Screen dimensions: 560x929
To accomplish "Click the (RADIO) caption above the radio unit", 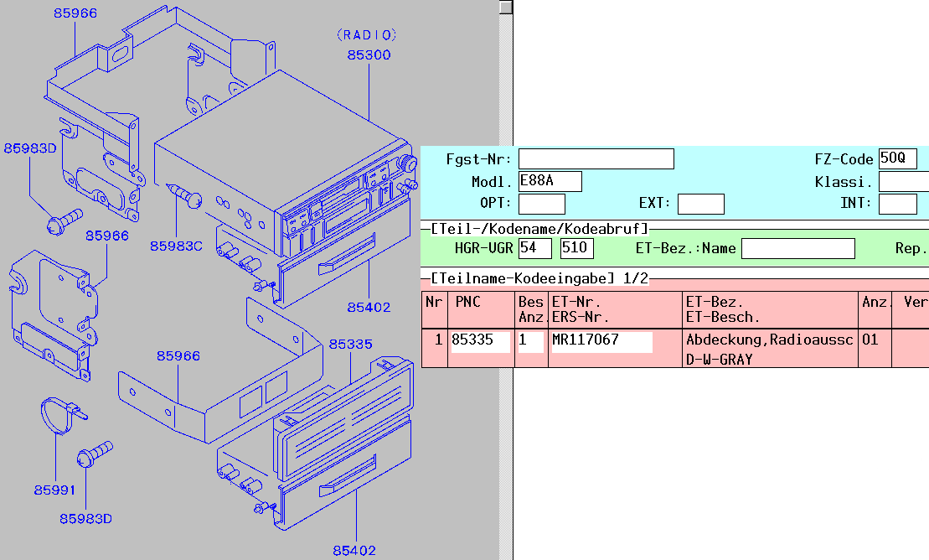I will pos(366,35).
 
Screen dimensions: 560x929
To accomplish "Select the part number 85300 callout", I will pos(369,55).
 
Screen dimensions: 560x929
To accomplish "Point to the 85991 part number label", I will pos(54,490).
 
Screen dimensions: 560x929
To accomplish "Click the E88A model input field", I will pos(550,182).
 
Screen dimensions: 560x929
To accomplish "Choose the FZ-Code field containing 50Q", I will pos(897,159).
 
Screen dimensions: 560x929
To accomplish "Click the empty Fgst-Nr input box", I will pos(596,159).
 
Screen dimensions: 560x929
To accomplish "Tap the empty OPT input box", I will pos(541,204).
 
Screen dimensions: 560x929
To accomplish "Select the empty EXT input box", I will pos(700,204).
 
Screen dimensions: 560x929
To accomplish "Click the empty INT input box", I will pos(897,204).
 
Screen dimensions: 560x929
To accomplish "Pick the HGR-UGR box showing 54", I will pos(534,248).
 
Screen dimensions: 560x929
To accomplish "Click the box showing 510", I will pos(576,248).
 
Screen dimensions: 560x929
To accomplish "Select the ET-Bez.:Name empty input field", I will pos(797,248).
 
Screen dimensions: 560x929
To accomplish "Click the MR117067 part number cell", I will pos(601,341).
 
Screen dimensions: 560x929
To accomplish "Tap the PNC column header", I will pos(467,302).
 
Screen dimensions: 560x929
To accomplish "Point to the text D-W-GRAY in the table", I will pos(719,360).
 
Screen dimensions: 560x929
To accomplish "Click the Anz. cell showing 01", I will pos(870,340).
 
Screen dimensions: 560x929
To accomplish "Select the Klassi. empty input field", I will pos(903,182).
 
